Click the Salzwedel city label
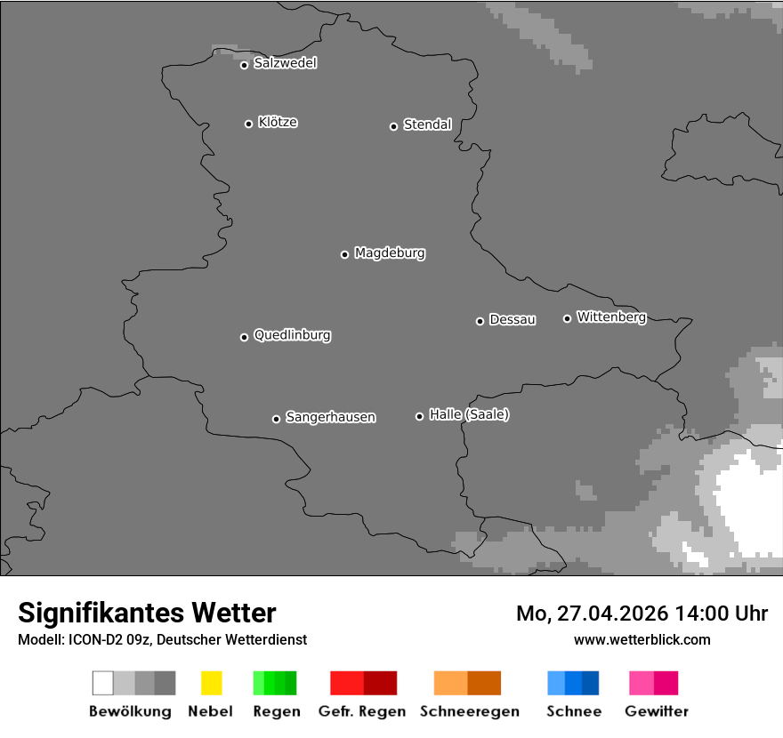(285, 63)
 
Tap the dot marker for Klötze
(248, 124)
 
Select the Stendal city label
(427, 124)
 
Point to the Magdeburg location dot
(344, 254)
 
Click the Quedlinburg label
(292, 335)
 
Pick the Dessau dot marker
(480, 321)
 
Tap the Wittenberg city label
(611, 317)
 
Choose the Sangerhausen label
(330, 417)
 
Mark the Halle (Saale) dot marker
(419, 416)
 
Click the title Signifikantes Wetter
(147, 613)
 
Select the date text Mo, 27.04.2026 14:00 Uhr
(642, 614)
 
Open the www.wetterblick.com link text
(642, 639)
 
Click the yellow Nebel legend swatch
(211, 683)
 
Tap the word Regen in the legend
(276, 711)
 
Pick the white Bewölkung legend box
(103, 683)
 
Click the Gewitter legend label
(657, 711)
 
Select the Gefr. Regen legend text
(363, 711)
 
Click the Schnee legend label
(574, 711)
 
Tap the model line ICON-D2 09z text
(162, 640)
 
